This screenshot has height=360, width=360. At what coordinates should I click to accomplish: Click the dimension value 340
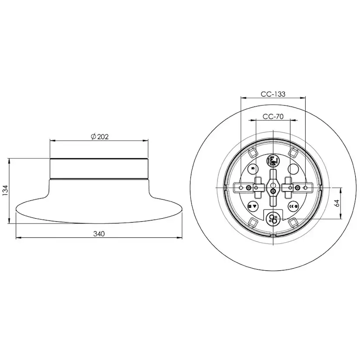pos(99,233)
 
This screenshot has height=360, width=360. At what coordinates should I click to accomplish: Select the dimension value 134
pos(5,190)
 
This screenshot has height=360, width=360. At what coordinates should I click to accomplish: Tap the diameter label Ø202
pos(100,137)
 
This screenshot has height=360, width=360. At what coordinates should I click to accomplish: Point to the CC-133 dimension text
pos(273,94)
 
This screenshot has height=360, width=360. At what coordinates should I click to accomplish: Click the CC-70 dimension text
pos(273,116)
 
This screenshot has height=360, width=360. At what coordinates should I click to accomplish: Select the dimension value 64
pos(337,203)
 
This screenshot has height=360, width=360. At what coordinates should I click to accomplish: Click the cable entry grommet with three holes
pos(273,218)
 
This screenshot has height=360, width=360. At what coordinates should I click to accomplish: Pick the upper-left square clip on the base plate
pos(252,152)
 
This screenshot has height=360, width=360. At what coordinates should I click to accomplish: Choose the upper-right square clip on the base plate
pos(293,152)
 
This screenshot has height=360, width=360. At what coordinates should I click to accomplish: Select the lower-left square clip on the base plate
pos(252,222)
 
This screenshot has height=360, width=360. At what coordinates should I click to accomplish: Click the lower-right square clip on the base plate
pos(293,222)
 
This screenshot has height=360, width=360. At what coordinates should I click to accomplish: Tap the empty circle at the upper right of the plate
pos(292,169)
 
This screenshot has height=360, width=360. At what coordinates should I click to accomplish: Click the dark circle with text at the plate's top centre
pos(273,160)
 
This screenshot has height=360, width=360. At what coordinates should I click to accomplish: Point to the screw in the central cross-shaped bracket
pos(273,190)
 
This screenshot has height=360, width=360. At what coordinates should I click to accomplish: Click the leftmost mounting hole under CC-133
pos(241,187)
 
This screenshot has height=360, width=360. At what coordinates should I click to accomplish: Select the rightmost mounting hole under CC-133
pos(305,187)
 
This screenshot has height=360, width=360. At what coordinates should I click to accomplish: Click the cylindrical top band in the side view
pos(99,169)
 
